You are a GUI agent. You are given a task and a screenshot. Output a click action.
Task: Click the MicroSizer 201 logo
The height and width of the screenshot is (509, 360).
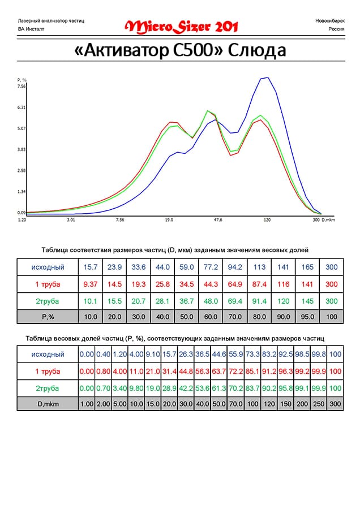pos(181,27)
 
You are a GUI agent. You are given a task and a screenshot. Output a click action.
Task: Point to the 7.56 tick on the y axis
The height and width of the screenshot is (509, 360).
pos(22,87)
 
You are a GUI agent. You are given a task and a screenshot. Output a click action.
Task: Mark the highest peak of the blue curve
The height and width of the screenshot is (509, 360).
pos(267,77)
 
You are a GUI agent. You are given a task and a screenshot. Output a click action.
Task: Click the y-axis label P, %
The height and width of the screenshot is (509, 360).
pos(22,80)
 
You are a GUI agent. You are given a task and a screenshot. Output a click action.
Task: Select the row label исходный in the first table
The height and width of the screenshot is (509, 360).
pos(48,267)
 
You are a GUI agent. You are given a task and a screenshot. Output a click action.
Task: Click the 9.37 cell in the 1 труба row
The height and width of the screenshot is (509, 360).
pos(91,283)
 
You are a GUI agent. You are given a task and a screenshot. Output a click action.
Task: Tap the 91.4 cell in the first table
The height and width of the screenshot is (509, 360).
pos(259,300)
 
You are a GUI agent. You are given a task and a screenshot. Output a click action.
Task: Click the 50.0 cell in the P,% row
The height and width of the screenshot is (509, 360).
pos(187,317)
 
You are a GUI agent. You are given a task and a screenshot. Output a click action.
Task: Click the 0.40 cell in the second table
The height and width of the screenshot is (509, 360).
pos(103,354)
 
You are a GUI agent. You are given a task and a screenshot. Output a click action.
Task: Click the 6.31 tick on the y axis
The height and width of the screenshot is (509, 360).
pos(22,107)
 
